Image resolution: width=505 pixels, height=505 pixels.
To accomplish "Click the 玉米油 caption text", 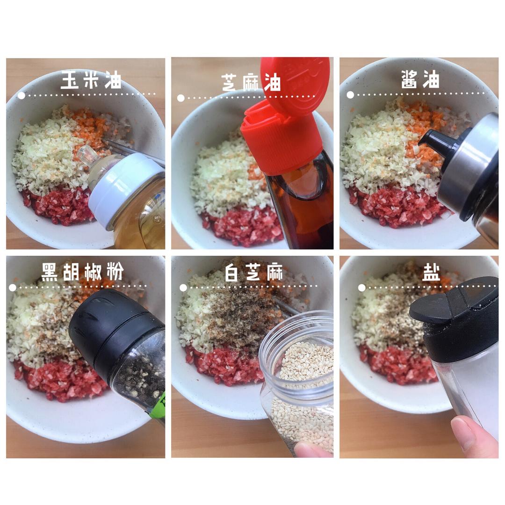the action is pyautogui.click(x=91, y=80).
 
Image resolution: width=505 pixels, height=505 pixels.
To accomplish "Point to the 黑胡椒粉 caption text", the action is pyautogui.click(x=82, y=272).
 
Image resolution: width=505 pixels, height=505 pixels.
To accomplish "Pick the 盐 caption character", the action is pyautogui.click(x=432, y=272).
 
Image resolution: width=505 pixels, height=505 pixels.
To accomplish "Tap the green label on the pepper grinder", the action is pyautogui.click(x=160, y=407).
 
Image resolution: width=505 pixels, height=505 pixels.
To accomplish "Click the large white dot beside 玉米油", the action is pyautogui.click(x=21, y=96).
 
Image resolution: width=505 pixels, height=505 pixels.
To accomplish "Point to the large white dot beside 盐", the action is pyautogui.click(x=361, y=288).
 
